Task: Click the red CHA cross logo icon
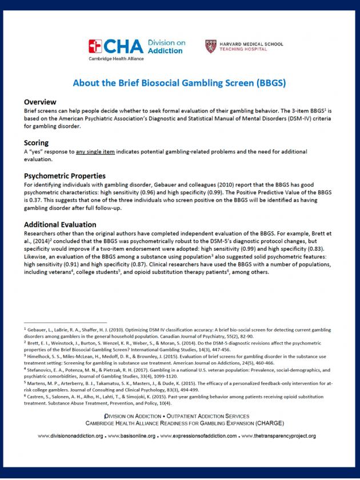[95, 46]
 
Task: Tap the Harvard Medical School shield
[210, 46]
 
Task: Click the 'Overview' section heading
[40, 102]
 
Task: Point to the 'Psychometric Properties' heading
[65, 175]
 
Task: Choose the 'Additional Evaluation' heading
[60, 225]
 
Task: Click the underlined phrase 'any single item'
[97, 151]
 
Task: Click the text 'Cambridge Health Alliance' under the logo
[112, 58]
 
